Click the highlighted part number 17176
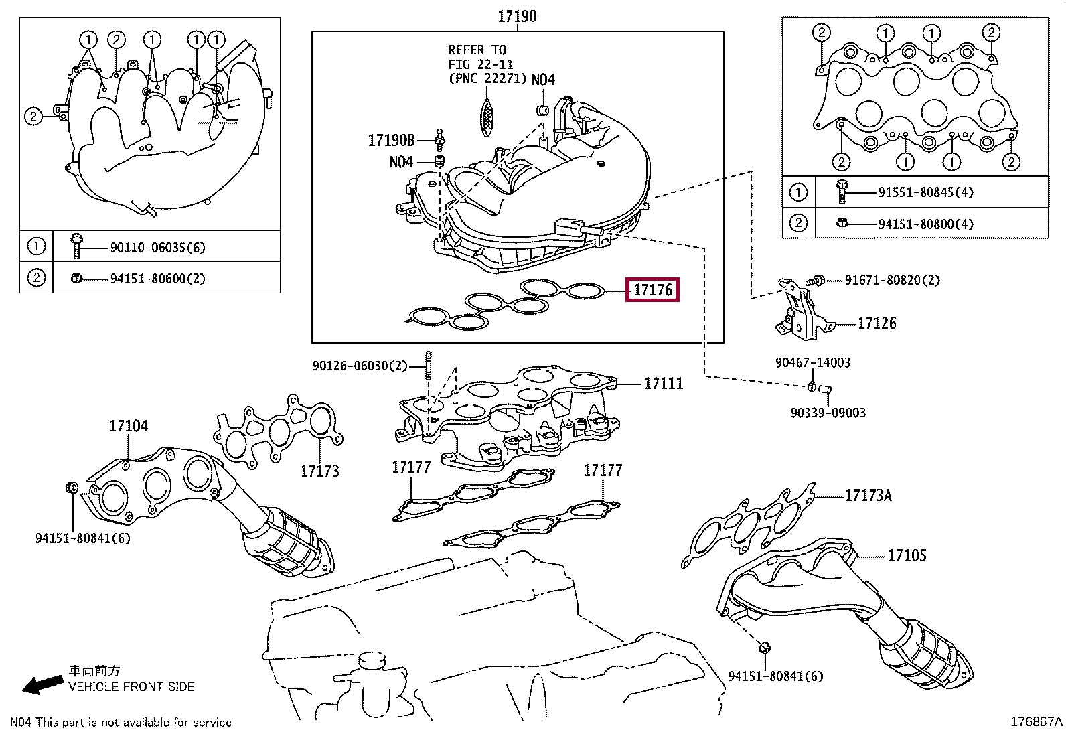(x=652, y=290)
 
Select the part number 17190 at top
(x=517, y=16)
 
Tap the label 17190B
(x=391, y=141)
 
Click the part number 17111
(x=663, y=384)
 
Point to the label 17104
(x=129, y=426)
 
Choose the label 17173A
(x=868, y=496)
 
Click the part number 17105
(x=907, y=555)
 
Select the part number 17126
(x=877, y=323)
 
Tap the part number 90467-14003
(x=812, y=362)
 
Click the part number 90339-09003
(x=828, y=413)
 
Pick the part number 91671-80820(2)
(x=892, y=280)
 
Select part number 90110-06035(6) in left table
(x=157, y=248)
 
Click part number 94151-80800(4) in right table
(x=925, y=224)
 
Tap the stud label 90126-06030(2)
(x=360, y=366)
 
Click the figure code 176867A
(x=1036, y=722)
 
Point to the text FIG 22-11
(x=480, y=64)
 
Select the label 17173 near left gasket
(x=319, y=471)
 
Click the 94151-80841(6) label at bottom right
(x=775, y=676)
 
